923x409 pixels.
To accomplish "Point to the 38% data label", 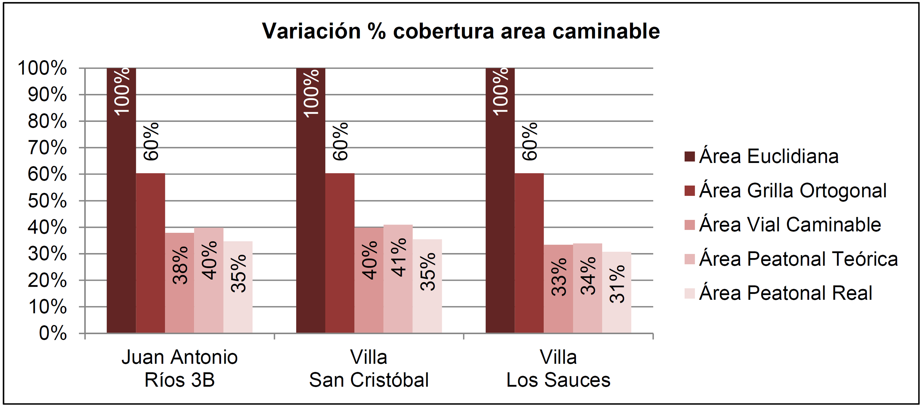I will (x=180, y=265).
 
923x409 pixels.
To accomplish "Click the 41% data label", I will (x=398, y=257).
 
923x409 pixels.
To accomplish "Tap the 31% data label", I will (x=617, y=284).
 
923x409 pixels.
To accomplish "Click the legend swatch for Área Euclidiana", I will (x=689, y=157).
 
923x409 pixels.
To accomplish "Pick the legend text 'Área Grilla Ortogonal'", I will (x=793, y=191).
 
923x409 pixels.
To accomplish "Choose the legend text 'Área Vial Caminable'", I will (x=790, y=225).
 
